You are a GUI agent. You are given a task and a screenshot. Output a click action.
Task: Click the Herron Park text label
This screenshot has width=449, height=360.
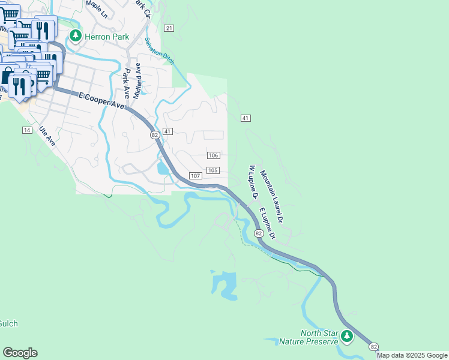[x=106, y=37]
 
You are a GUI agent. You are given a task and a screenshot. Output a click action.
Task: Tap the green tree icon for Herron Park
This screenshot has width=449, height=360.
[x=75, y=36]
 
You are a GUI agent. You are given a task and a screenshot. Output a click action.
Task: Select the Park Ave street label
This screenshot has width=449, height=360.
[x=126, y=84]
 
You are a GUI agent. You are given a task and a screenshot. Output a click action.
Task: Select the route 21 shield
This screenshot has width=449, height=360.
[x=169, y=28]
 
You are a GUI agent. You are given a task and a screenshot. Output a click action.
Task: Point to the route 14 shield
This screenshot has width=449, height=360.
[x=27, y=130]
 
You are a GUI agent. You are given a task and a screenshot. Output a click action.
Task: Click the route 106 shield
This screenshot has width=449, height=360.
[x=213, y=155]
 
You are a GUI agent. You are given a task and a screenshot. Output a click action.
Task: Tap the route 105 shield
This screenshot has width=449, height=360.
[x=212, y=170]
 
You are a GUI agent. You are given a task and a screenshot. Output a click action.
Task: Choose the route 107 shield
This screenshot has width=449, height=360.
[x=195, y=175]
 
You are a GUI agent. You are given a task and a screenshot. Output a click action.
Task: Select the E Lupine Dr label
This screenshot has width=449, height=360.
[x=267, y=223]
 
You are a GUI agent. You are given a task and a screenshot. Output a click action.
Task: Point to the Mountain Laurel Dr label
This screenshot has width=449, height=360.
[x=271, y=197]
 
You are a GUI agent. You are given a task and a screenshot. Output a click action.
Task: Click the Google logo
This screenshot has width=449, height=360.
[x=20, y=353]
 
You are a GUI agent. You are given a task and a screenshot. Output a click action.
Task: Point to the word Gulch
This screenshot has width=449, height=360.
[x=8, y=323]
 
